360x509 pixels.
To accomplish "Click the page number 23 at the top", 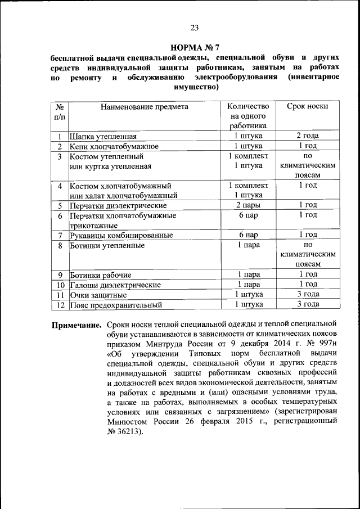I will [x=195, y=28].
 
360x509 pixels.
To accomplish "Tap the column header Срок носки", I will [x=307, y=106].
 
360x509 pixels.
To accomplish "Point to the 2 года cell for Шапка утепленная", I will [x=308, y=136].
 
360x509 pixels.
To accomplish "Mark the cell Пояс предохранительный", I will [x=116, y=305].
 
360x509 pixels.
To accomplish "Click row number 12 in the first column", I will [x=59, y=305].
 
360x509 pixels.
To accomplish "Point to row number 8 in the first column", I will [x=59, y=245].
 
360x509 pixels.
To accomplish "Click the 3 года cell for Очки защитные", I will [x=308, y=294].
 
